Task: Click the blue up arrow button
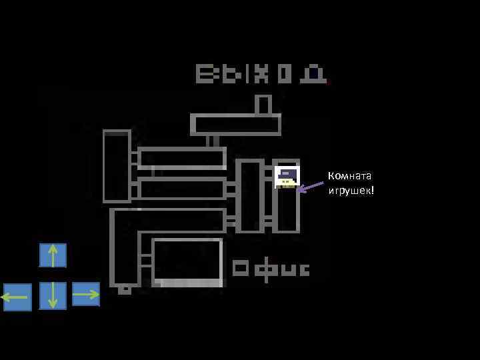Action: coord(53,255)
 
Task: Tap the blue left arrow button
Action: coord(17,297)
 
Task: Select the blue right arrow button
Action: coord(86,294)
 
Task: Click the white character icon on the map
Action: coord(287,177)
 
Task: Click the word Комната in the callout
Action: coord(349,176)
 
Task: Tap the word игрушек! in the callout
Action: coord(351,191)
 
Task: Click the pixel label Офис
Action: coord(271,269)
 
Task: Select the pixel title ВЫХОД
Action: coord(261,73)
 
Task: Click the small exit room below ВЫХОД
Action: coord(263,105)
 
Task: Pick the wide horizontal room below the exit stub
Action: coord(236,125)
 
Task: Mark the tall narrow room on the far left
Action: coord(117,166)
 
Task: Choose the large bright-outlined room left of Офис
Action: coord(187,262)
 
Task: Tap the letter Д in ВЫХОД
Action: coord(313,73)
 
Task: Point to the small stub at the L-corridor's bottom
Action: coord(124,289)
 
